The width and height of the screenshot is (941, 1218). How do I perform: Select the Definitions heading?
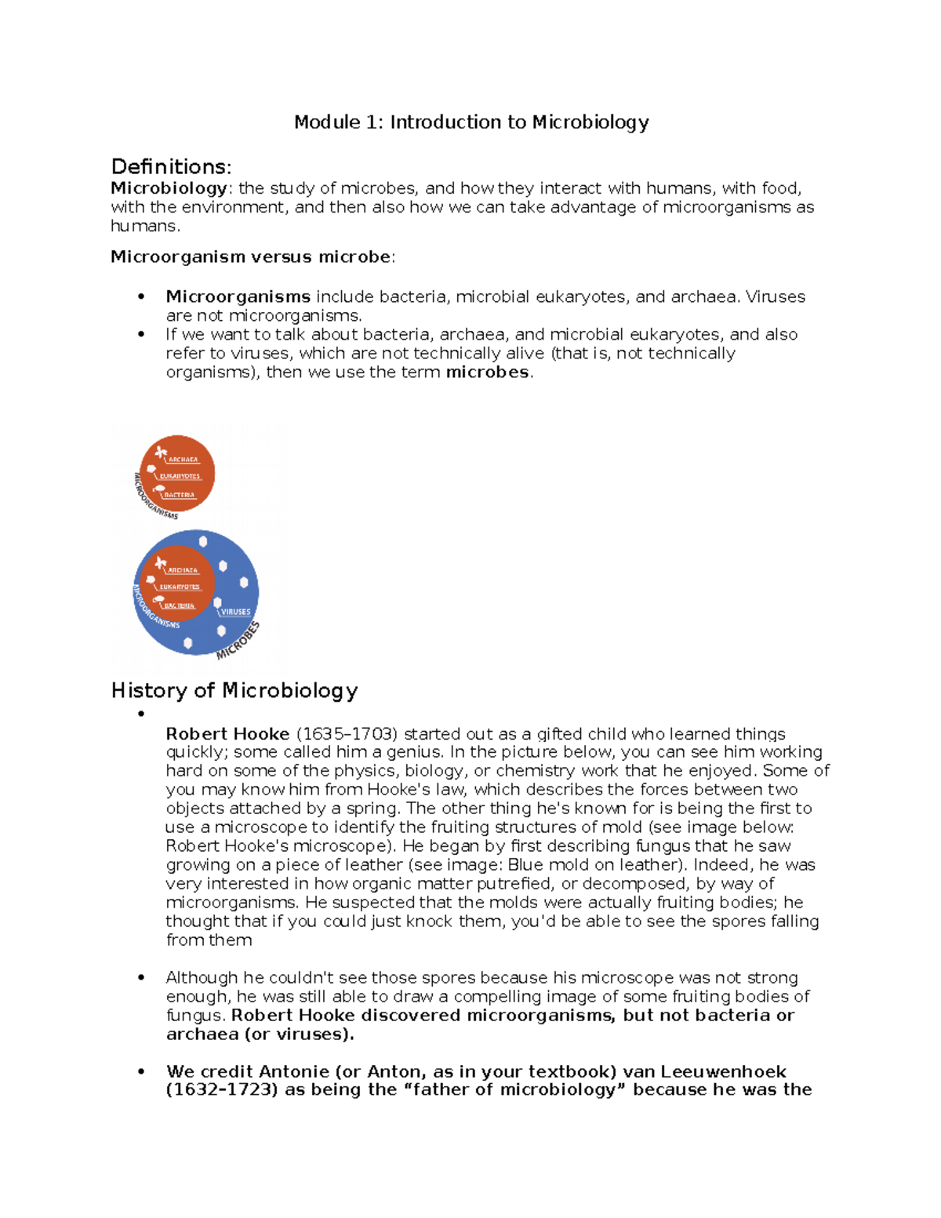pos(171,167)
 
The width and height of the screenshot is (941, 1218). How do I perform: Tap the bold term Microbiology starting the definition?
pos(169,188)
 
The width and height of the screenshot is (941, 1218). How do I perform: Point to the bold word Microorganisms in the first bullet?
pos(238,297)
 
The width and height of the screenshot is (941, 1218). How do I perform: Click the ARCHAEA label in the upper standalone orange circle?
pos(183,460)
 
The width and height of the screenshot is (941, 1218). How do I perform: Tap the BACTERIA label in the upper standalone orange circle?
pos(180,495)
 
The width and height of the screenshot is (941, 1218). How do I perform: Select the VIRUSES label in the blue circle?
pos(235,612)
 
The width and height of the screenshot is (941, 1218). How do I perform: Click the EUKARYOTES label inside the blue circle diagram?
pos(180,587)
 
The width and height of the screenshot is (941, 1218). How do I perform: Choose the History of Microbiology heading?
pos(234,691)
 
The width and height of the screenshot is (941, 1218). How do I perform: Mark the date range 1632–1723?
pos(222,1090)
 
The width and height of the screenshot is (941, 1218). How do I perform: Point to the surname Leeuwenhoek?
pos(723,1072)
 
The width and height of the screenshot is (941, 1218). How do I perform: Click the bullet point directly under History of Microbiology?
pos(142,714)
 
